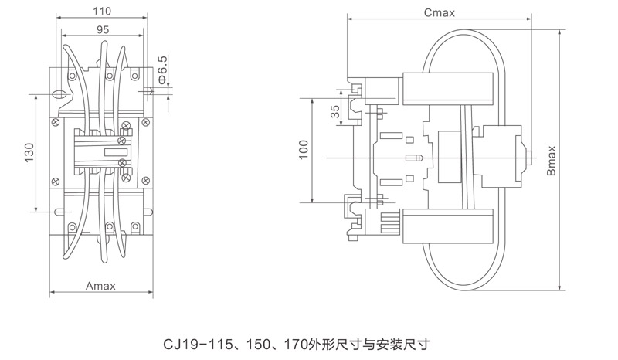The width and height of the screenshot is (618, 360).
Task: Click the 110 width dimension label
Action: [x=101, y=12]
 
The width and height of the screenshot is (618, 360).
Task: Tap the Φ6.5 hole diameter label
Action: [x=161, y=70]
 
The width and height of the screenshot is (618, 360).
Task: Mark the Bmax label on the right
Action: [x=552, y=160]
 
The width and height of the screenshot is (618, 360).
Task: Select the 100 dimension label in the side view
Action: [x=304, y=149]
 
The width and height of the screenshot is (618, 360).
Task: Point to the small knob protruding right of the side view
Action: [x=530, y=158]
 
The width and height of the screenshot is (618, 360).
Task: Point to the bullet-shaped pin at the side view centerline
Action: [x=415, y=158]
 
